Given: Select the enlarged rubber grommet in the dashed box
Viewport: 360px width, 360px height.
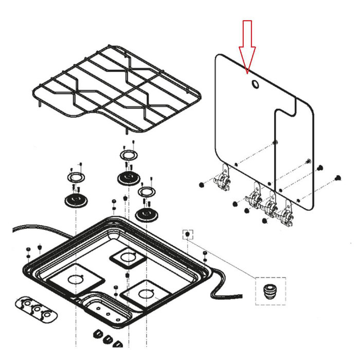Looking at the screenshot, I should [x=269, y=291].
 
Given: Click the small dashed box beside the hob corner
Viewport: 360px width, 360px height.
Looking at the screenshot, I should [x=188, y=235].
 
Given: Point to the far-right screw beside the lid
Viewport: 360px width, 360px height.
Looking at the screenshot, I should [x=338, y=177].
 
